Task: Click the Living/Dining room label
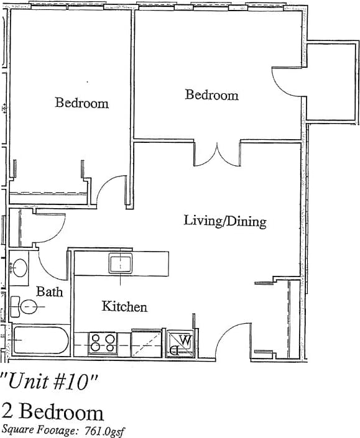tap(225, 221)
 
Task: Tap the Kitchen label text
tap(124, 306)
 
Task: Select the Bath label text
tap(49, 291)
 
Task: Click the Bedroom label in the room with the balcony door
tap(211, 95)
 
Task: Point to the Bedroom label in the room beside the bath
tap(81, 103)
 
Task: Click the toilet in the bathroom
tap(25, 306)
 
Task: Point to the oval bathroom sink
tap(19, 268)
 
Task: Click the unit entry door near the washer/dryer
tap(233, 339)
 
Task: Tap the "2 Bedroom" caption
tap(53, 411)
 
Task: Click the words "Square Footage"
tap(40, 430)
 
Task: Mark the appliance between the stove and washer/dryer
tap(147, 343)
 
